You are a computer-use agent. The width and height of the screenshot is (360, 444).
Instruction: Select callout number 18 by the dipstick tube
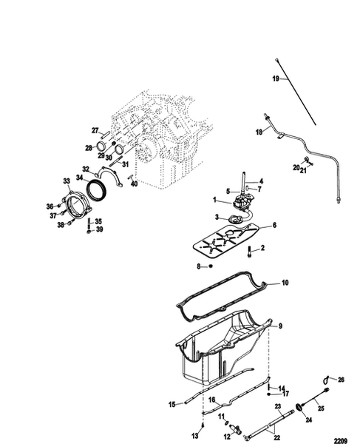coord(259,132)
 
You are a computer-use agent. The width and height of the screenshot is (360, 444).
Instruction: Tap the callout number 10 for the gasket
coord(285,282)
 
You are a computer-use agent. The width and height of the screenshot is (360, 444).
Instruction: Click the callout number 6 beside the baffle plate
coord(274,225)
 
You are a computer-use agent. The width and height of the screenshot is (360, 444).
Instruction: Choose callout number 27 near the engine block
coord(95,131)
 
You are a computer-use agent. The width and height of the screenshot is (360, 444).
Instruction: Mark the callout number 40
coord(134,184)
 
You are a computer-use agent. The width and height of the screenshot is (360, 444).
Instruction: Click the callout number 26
coord(341,380)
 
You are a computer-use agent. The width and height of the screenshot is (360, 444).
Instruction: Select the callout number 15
coord(171,404)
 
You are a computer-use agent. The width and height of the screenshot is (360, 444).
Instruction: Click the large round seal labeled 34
coord(97,190)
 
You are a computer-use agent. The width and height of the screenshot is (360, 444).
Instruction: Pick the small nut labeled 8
coord(211,266)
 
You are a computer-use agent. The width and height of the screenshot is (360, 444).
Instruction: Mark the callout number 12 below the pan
coord(229,434)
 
